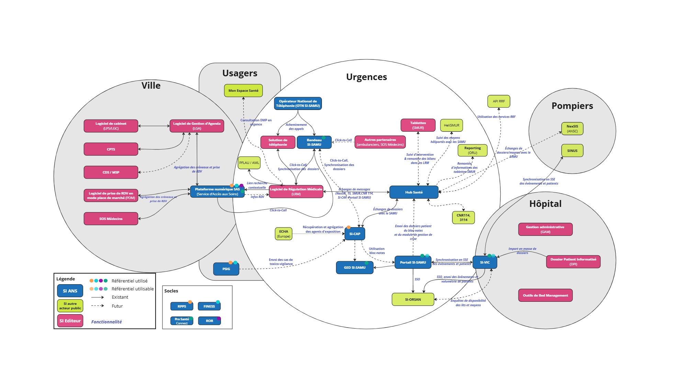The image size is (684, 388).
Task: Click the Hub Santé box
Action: click(414, 192)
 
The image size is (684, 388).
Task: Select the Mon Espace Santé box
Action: click(243, 90)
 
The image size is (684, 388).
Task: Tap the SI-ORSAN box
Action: click(413, 299)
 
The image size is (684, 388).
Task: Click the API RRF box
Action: click(498, 101)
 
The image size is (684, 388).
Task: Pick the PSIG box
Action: click(226, 269)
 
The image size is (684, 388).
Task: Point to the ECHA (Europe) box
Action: click(283, 234)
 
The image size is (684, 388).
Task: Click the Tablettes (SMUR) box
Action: click(418, 125)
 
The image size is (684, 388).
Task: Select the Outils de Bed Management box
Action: click(545, 295)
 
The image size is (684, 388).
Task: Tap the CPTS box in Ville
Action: click(111, 149)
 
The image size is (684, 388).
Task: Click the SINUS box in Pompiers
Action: click(572, 151)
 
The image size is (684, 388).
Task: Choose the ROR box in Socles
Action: click(209, 321)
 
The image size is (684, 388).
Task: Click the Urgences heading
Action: click(366, 77)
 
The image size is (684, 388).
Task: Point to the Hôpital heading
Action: click(545, 204)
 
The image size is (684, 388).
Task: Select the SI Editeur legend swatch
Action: click(70, 321)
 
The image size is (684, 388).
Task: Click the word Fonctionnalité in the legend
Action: click(106, 322)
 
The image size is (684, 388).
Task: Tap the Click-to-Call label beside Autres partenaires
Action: click(343, 140)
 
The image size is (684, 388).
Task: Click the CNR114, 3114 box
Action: click(463, 218)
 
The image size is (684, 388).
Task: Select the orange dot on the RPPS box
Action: click(190, 302)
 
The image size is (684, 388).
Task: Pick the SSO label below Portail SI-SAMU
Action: click(417, 279)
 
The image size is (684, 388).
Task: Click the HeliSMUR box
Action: click(451, 125)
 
